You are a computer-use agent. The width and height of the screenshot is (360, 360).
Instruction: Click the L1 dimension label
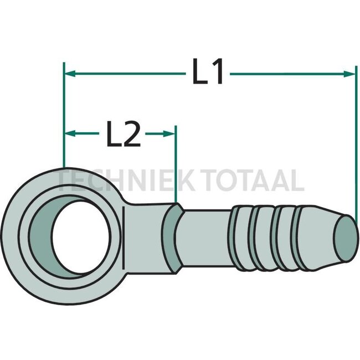coord(208,73)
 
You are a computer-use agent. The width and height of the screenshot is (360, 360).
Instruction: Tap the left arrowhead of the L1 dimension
coord(69,73)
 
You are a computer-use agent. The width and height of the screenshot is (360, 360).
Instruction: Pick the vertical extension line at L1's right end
coord(354,144)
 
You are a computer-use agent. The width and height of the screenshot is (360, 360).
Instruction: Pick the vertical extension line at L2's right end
coord(176,166)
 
